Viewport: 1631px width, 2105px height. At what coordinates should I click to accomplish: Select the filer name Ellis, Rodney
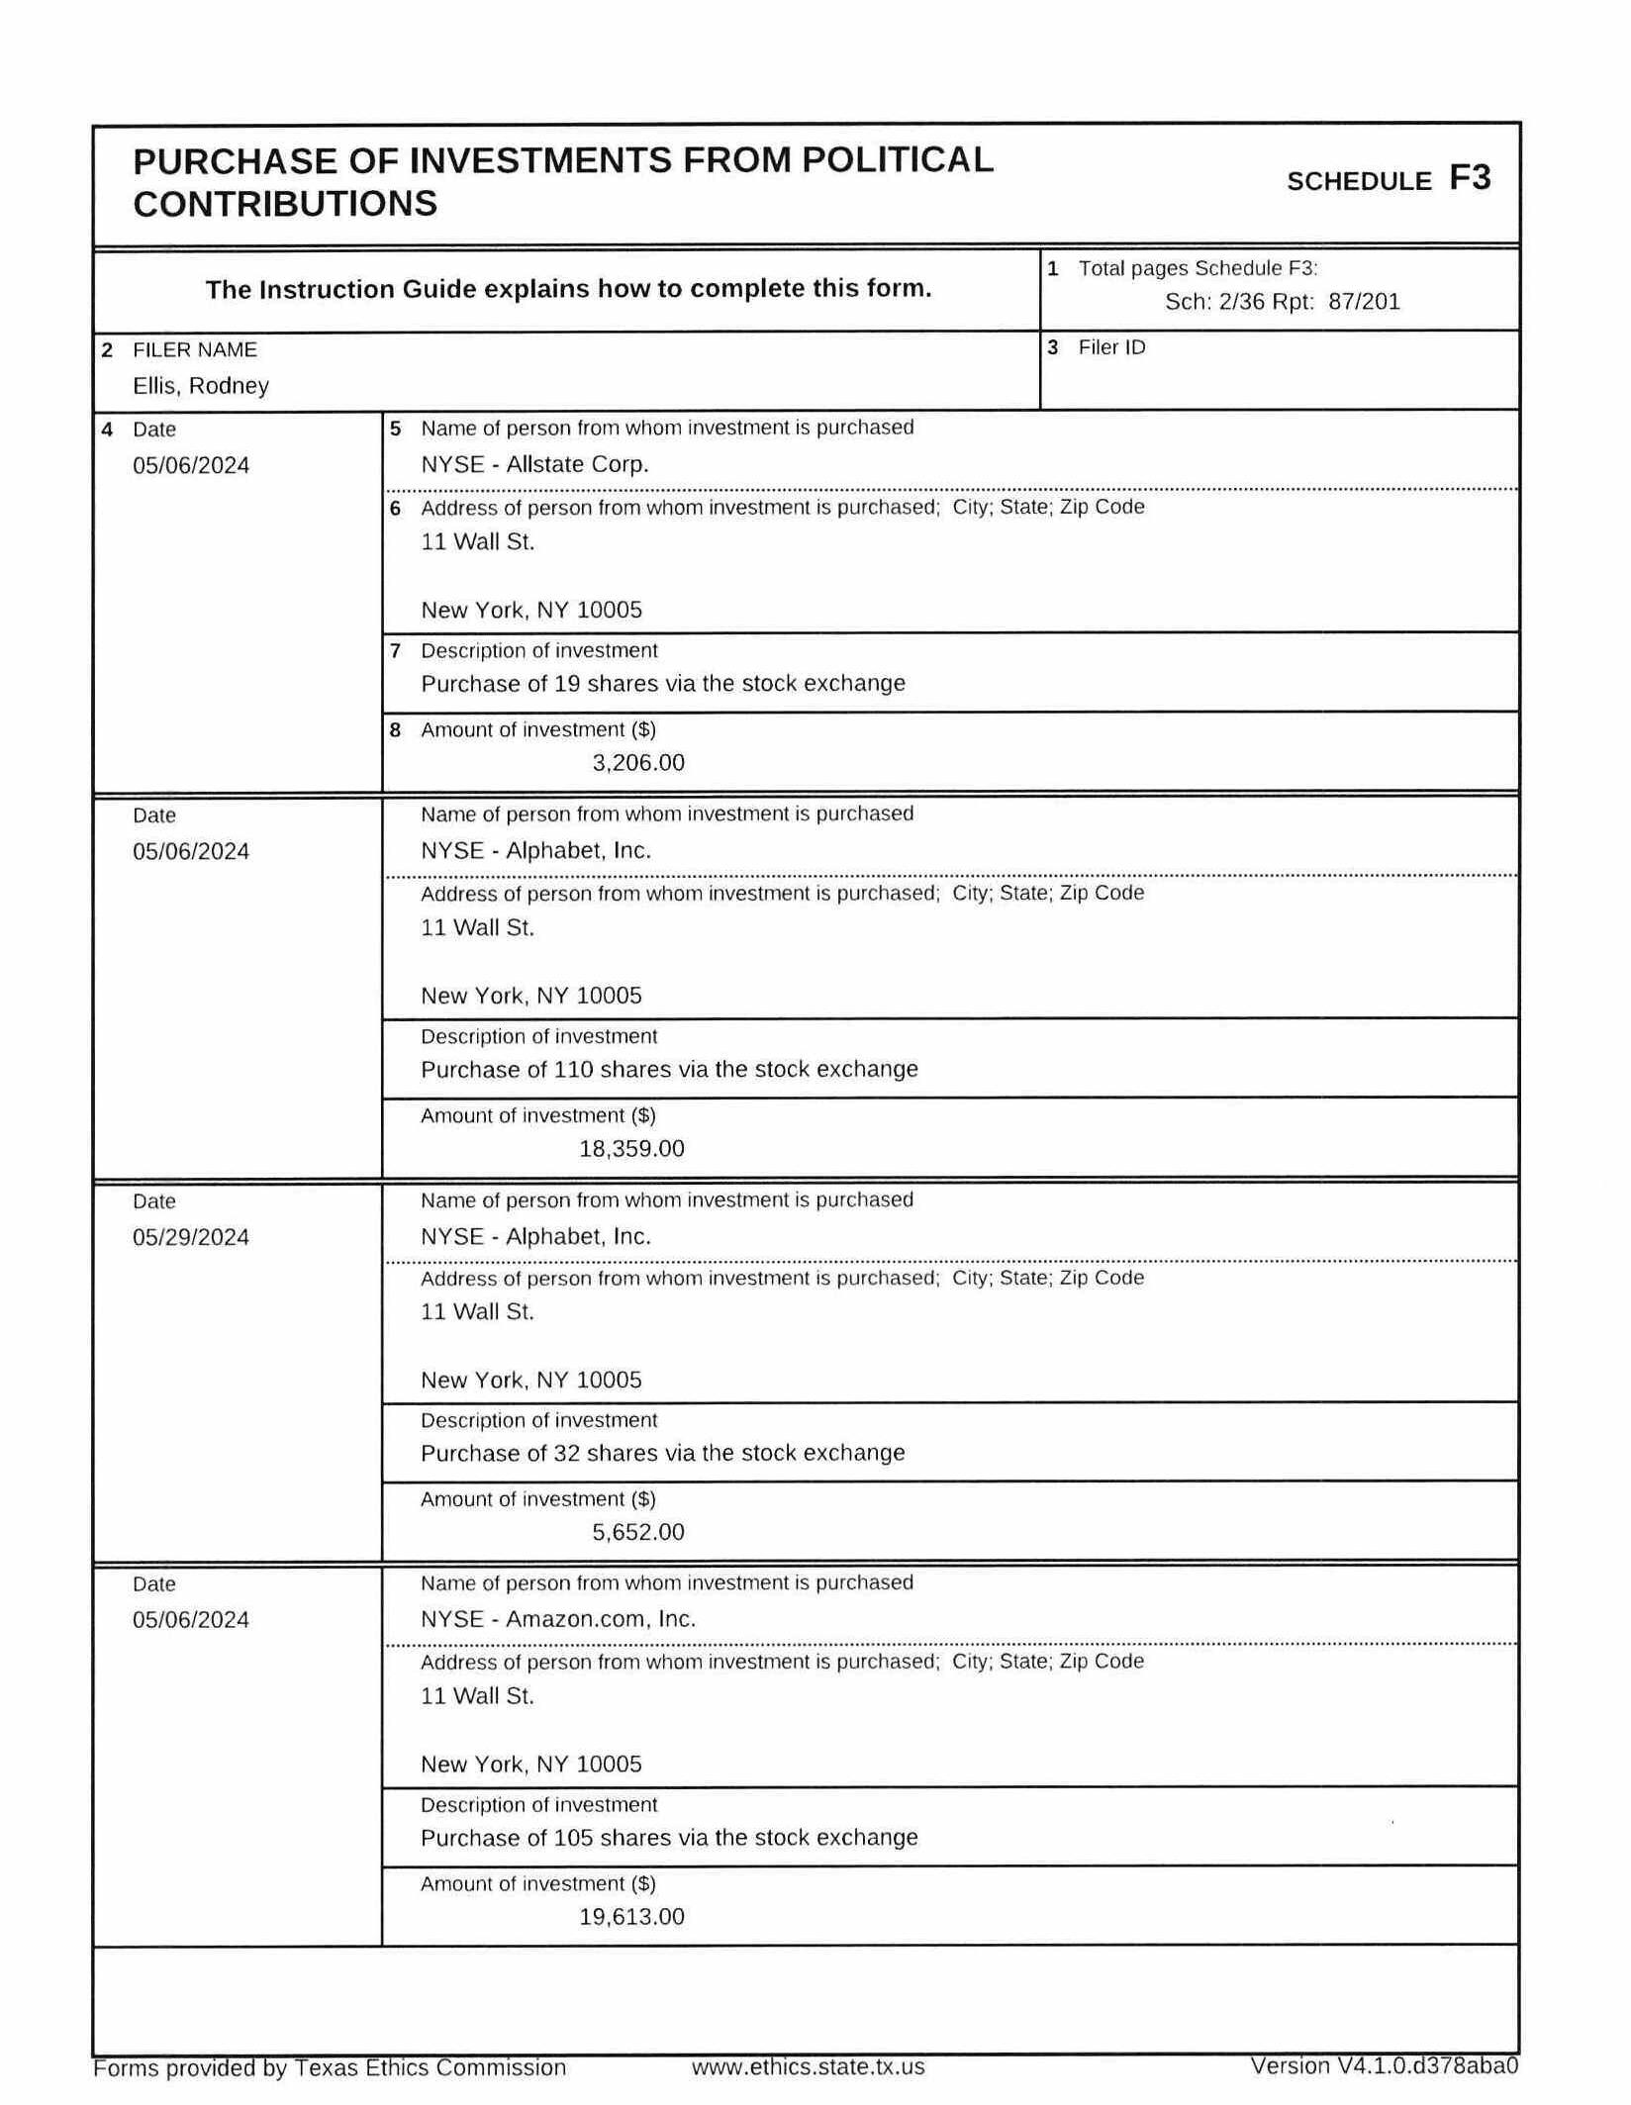(x=201, y=386)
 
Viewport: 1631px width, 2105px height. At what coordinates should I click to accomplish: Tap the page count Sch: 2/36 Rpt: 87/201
(x=1282, y=302)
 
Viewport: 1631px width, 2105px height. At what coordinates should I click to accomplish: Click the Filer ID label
(x=1111, y=347)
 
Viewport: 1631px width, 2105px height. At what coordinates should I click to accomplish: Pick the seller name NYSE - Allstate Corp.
(x=534, y=464)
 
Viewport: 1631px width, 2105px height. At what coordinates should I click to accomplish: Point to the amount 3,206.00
(x=638, y=763)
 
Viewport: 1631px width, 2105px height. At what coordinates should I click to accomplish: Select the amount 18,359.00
(x=631, y=1149)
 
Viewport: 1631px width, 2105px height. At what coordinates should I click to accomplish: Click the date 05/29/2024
(x=191, y=1237)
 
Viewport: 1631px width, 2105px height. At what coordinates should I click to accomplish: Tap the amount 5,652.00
(x=638, y=1532)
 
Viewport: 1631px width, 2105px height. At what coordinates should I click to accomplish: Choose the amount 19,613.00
(x=631, y=1917)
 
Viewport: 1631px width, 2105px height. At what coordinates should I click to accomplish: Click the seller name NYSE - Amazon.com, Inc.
(x=558, y=1619)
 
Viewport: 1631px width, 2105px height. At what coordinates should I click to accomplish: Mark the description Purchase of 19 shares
(x=663, y=684)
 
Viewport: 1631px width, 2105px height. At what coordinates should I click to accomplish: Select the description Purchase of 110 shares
(x=669, y=1070)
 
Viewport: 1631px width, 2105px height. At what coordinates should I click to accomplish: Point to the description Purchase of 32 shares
(x=663, y=1453)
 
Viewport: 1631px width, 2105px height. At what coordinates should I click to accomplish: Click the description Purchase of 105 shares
(x=669, y=1838)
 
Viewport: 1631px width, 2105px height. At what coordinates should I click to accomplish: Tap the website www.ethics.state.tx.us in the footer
(x=808, y=2067)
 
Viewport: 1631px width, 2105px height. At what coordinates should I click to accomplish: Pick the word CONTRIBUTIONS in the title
(x=285, y=204)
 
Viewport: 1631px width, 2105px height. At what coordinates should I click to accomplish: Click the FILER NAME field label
(x=195, y=349)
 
